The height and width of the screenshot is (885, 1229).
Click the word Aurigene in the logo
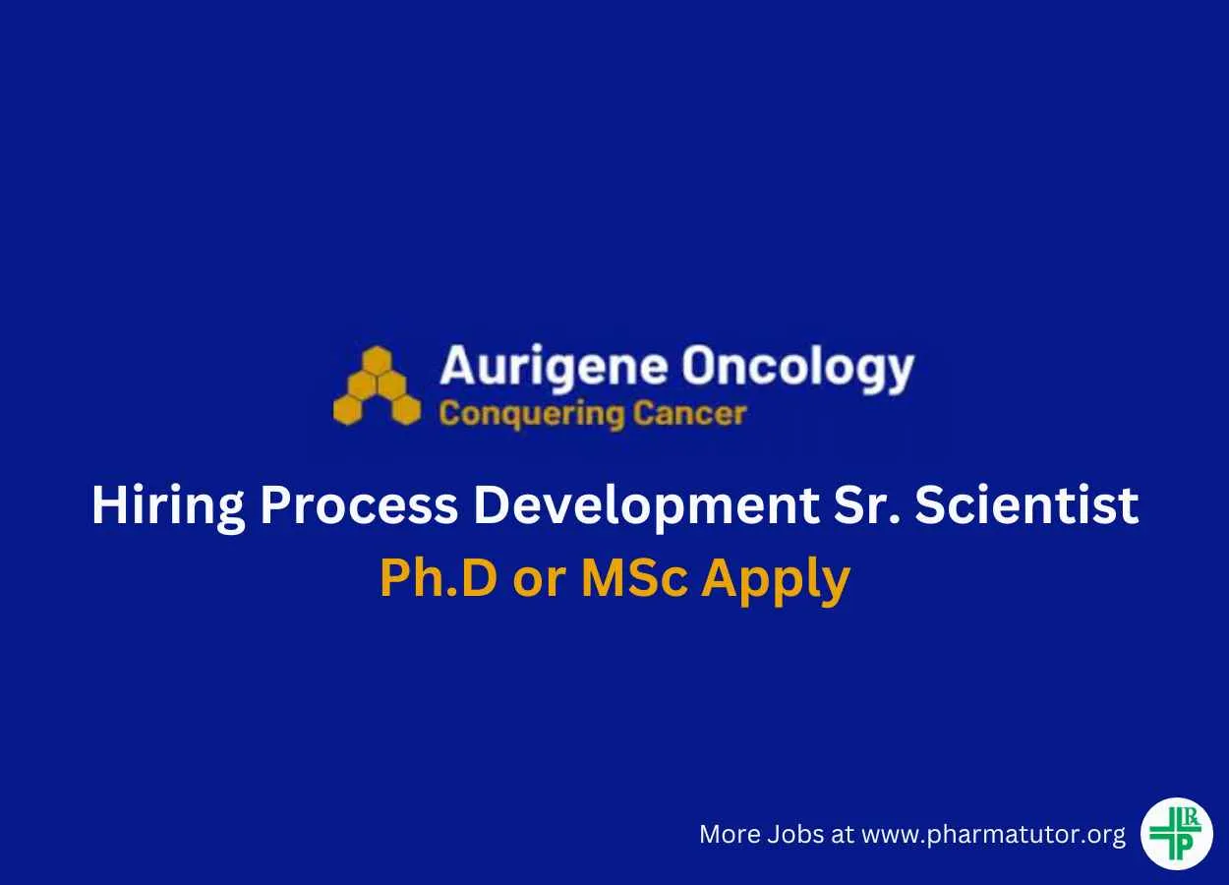point(553,367)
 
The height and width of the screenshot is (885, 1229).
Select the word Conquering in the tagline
point(531,415)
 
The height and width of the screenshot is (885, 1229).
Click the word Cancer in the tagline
point(689,413)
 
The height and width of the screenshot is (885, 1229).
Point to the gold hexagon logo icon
point(377,385)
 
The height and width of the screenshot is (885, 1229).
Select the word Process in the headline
point(358,505)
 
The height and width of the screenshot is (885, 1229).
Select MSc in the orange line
point(634,578)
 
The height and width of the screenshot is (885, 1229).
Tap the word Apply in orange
point(777,580)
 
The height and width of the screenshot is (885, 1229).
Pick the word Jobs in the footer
point(795,834)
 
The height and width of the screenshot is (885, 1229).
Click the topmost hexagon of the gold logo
point(377,359)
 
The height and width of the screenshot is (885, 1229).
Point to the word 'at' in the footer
point(843,835)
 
